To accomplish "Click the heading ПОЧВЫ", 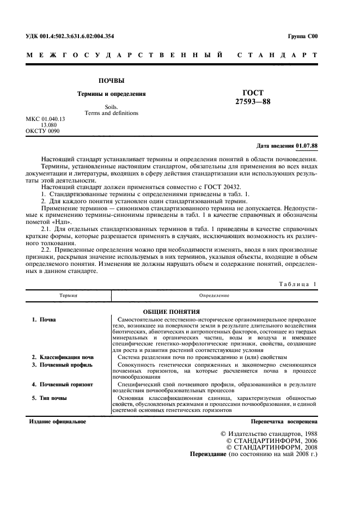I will (107, 81).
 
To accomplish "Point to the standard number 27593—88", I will (253, 101).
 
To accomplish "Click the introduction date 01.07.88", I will (307, 145).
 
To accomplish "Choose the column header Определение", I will (214, 295).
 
